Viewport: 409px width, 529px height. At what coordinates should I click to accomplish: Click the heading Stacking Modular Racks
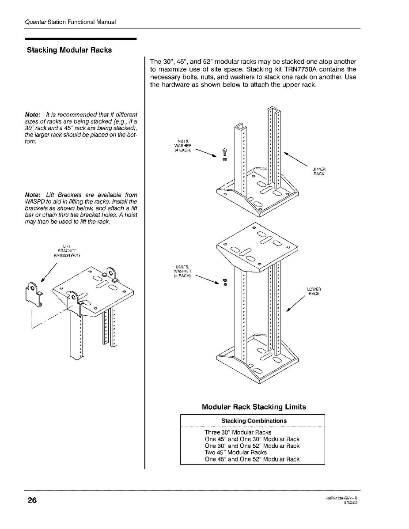pos(69,50)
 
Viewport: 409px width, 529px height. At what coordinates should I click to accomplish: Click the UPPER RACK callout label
pos(318,171)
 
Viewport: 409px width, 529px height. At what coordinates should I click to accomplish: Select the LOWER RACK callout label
pos(314,291)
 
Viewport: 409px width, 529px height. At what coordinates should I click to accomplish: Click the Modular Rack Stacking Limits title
pos(254,407)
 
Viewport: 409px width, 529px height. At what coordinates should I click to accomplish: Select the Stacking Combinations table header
pos(254,421)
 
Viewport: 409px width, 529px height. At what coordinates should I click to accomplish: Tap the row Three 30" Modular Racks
pos(238,432)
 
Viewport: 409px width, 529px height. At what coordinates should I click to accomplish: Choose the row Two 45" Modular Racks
pos(235,452)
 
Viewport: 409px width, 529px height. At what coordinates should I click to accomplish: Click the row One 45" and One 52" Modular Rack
pos(252,459)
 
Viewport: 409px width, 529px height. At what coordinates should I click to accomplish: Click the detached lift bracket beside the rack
pos(34,293)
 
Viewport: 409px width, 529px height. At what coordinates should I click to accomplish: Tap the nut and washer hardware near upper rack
pos(224,155)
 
